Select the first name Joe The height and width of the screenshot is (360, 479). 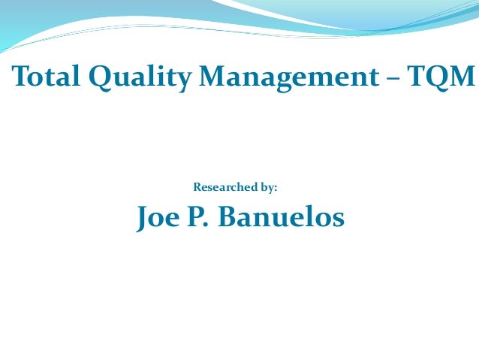(160, 217)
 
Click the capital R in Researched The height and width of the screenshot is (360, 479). (197, 186)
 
